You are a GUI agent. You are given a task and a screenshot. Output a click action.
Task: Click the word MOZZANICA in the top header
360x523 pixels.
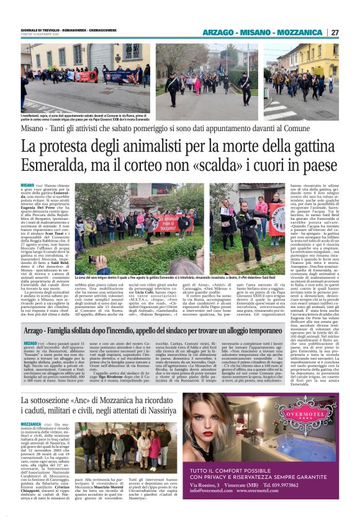click(x=300, y=32)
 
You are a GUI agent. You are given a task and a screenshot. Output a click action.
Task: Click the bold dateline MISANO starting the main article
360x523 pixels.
click(x=27, y=186)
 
